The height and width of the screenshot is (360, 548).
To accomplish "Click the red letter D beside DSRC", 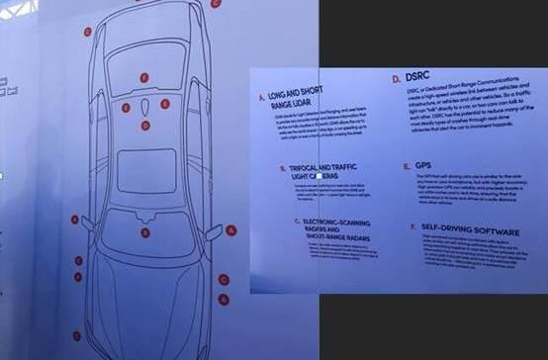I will click(396, 77).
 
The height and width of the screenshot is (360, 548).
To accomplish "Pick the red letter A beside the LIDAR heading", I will click(261, 97).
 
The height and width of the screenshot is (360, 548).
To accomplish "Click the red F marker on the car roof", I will click(144, 76).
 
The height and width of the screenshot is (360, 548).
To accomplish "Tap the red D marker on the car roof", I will click(145, 126).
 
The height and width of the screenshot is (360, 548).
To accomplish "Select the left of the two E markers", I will click(126, 104).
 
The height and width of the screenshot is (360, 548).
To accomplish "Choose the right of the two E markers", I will click(164, 103).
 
